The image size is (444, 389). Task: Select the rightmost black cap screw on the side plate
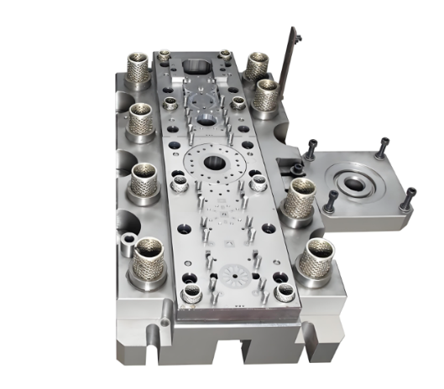tap(410, 198)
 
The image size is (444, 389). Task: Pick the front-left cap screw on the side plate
tap(332, 200)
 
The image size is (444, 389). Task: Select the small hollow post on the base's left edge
tap(126, 244)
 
